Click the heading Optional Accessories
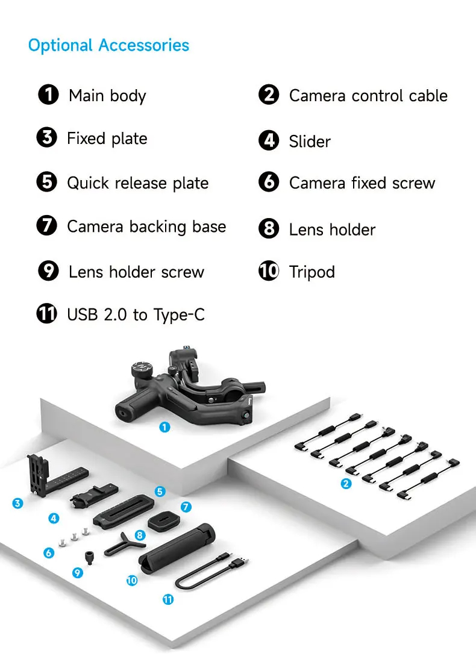(x=108, y=45)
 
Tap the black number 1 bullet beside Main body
(x=48, y=95)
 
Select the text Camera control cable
(x=368, y=96)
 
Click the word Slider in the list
(x=310, y=142)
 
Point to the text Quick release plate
(x=137, y=183)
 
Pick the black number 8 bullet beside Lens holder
(x=269, y=229)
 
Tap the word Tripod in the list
(x=312, y=272)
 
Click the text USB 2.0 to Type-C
(x=136, y=314)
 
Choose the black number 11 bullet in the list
(x=47, y=314)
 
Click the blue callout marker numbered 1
(x=164, y=427)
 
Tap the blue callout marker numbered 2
(x=346, y=483)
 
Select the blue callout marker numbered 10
(x=132, y=581)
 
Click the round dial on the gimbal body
(x=143, y=370)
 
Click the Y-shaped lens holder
(x=125, y=542)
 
